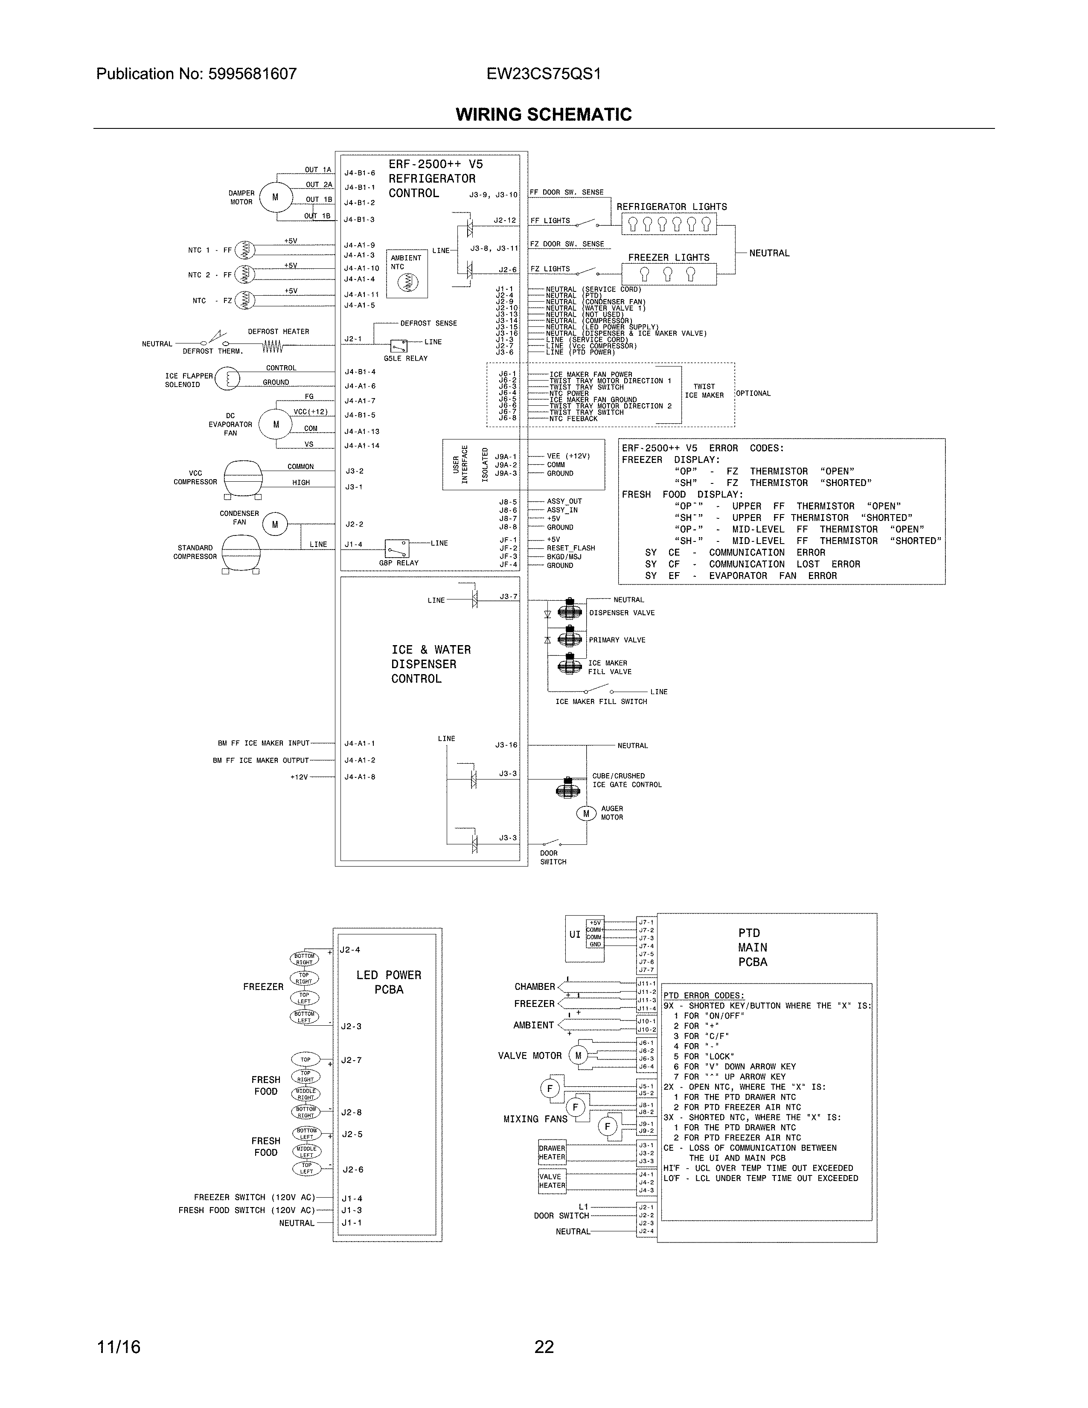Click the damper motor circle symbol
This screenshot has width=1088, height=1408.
[x=275, y=197]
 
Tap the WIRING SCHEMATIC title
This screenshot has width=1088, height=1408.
[x=543, y=115]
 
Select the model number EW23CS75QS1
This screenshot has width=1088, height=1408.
[x=543, y=74]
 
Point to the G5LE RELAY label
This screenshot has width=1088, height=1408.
[x=405, y=358]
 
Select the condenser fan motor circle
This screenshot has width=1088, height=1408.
[x=275, y=525]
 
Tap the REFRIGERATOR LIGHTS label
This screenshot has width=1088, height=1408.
[x=671, y=207]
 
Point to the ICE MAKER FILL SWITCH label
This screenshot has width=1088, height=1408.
[x=601, y=701]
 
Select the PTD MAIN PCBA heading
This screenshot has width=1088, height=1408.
[x=752, y=947]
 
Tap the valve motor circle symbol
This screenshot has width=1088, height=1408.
[x=578, y=1055]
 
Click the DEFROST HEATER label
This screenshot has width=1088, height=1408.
[x=279, y=332]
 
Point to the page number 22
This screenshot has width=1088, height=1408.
[x=543, y=1347]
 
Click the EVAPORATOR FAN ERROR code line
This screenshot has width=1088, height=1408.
[x=741, y=576]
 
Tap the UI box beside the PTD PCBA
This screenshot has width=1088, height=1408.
[x=574, y=934]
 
